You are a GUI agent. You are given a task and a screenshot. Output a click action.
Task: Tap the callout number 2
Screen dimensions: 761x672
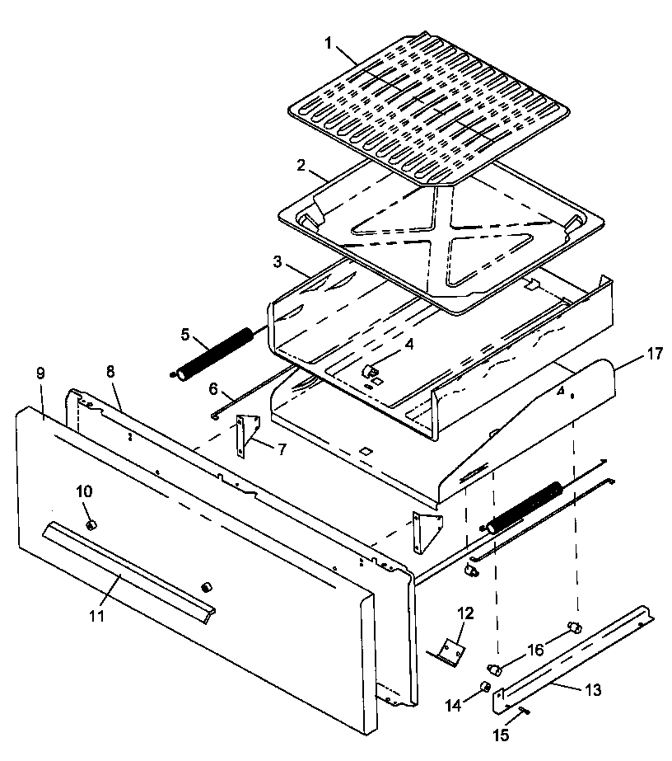(x=301, y=166)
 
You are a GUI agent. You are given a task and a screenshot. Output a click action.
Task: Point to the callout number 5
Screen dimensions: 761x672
(x=185, y=335)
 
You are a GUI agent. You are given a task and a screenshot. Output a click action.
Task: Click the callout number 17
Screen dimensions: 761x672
(x=655, y=355)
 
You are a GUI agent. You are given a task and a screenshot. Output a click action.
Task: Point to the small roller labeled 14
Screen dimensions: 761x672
(x=486, y=687)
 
